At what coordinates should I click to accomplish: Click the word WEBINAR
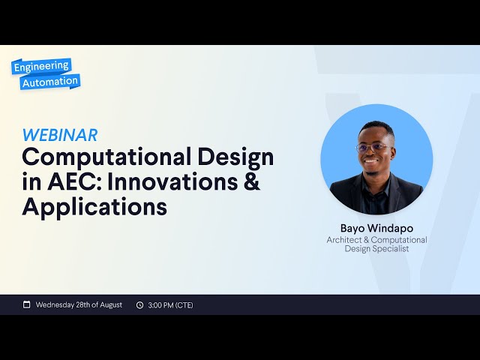[60, 135]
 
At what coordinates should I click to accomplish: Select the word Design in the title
[235, 157]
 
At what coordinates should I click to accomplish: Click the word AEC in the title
[67, 182]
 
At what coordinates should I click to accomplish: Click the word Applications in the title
[94, 207]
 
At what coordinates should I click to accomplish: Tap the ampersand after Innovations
[252, 182]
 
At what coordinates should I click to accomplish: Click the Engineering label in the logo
[41, 66]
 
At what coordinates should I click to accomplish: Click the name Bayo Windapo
[376, 228]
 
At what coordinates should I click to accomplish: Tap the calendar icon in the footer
[27, 304]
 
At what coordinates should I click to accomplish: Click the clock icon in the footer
[139, 304]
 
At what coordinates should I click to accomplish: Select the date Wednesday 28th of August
[79, 304]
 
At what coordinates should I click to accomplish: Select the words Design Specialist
[376, 248]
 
